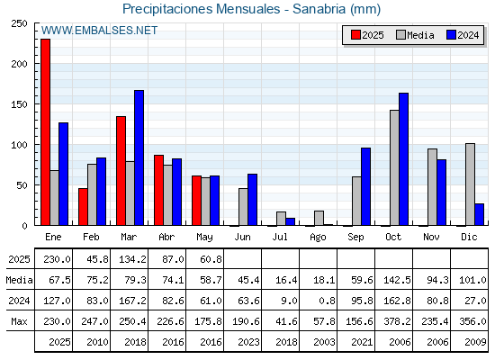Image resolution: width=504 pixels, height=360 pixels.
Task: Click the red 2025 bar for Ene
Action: pyautogui.click(x=45, y=132)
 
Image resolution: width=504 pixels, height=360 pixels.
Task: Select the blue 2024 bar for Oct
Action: pyautogui.click(x=403, y=159)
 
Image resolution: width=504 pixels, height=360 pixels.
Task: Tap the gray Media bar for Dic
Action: pyautogui.click(x=470, y=184)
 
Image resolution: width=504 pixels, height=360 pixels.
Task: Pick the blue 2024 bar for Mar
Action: pyautogui.click(x=139, y=157)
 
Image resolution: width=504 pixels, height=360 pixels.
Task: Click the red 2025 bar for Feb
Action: pyautogui.click(x=83, y=207)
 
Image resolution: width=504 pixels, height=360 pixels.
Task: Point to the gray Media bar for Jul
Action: pyautogui.click(x=281, y=219)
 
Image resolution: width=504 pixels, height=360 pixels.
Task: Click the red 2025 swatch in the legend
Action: pyautogui.click(x=355, y=35)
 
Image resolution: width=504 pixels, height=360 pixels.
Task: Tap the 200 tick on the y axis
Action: pyautogui.click(x=19, y=64)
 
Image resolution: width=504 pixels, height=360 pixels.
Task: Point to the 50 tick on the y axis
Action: pyautogui.click(x=22, y=185)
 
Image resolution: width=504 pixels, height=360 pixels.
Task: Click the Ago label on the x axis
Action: pyautogui.click(x=318, y=238)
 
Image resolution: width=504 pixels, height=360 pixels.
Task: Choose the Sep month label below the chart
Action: pyautogui.click(x=355, y=238)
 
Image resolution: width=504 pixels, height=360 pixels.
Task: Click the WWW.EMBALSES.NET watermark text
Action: pyautogui.click(x=99, y=31)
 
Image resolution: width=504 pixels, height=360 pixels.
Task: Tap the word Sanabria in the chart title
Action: pyautogui.click(x=319, y=9)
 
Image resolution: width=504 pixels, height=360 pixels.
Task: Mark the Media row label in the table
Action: pyautogui.click(x=19, y=280)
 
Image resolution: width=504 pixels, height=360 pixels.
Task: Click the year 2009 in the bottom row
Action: pyautogui.click(x=475, y=342)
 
